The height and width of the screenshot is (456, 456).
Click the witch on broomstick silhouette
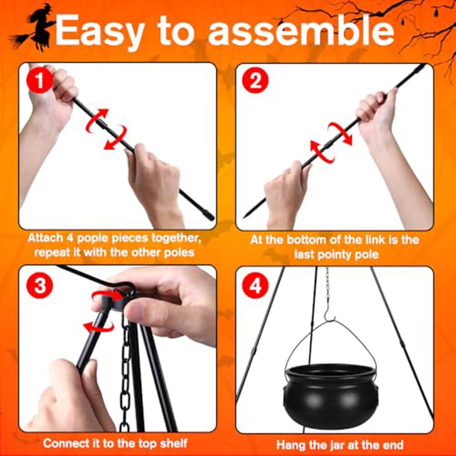(34, 28)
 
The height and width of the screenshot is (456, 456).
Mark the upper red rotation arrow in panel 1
(97, 120)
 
